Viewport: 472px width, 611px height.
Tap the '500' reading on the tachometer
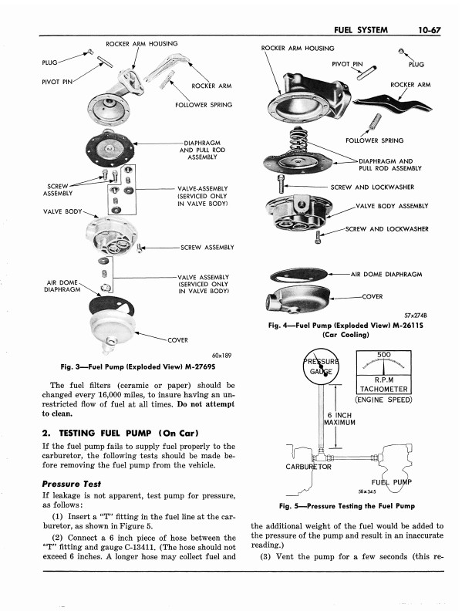385,355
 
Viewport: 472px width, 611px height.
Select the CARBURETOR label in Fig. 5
307,467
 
